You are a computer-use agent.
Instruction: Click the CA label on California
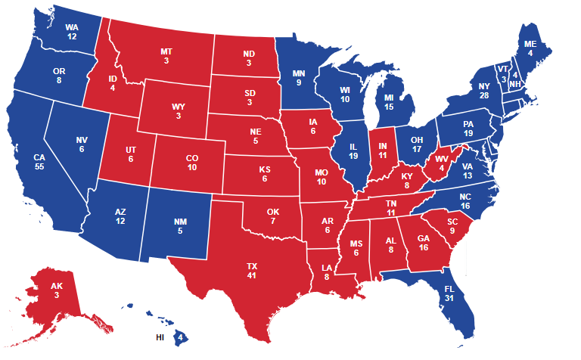(39, 157)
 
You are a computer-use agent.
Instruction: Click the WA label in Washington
(72, 27)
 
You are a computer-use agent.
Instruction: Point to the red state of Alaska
(57, 294)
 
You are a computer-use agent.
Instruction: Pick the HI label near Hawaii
(160, 337)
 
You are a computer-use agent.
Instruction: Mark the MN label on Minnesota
(300, 73)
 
